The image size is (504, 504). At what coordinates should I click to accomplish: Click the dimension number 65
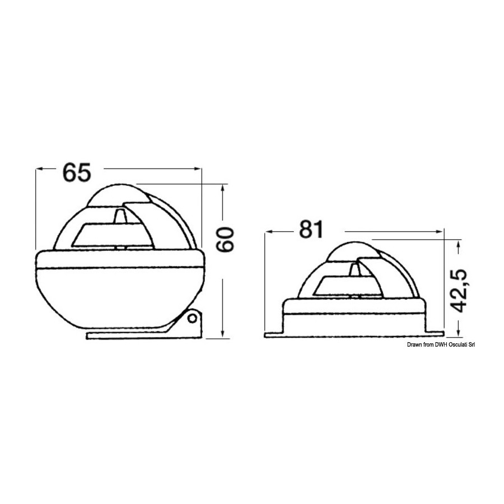point(77,172)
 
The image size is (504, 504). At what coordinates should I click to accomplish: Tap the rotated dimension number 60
point(225,240)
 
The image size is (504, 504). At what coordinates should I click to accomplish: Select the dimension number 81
point(310,230)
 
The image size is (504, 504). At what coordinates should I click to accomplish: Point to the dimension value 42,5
point(457,291)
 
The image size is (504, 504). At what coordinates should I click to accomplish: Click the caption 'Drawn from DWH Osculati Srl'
point(441,344)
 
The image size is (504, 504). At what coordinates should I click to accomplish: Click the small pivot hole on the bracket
point(192,319)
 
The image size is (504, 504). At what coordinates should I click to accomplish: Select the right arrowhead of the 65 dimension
point(198,168)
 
